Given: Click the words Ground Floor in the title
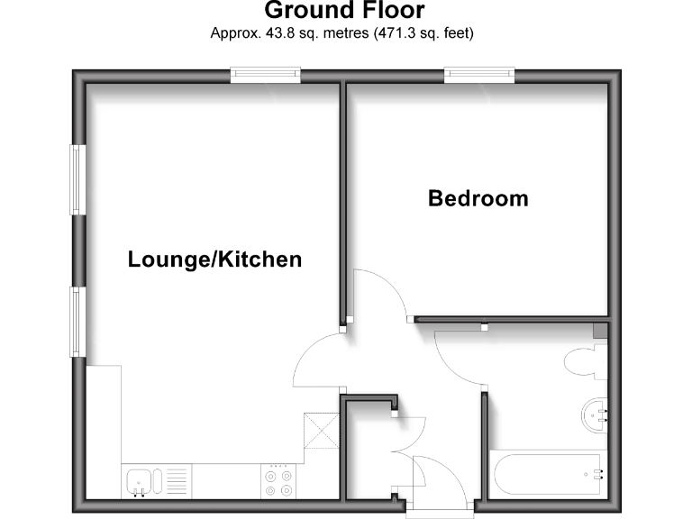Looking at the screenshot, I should (x=343, y=12).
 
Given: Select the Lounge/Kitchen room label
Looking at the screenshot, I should (x=214, y=260).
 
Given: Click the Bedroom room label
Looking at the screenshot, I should (x=478, y=198).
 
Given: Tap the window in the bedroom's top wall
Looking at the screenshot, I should (x=478, y=76).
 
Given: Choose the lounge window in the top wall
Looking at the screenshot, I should (x=265, y=76).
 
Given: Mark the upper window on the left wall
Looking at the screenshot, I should (x=77, y=179).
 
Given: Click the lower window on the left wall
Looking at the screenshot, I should (x=77, y=322).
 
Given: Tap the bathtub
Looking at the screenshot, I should (x=545, y=473).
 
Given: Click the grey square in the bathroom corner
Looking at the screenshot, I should (x=600, y=331).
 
